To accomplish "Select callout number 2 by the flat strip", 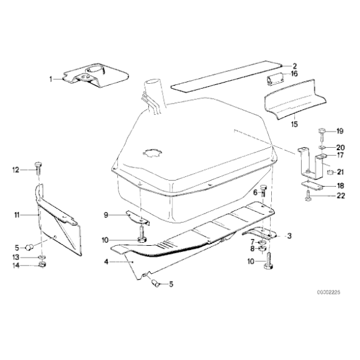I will coord(295,65).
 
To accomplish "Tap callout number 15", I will coord(294,124).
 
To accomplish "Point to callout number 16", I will coord(295,74).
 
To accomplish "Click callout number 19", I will coord(340,131).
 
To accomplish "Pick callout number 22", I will coord(340,196).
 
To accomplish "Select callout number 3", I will coord(289,236).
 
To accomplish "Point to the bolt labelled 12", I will coord(38,168).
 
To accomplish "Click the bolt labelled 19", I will coord(322,132).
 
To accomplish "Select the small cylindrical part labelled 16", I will coord(275,79).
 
